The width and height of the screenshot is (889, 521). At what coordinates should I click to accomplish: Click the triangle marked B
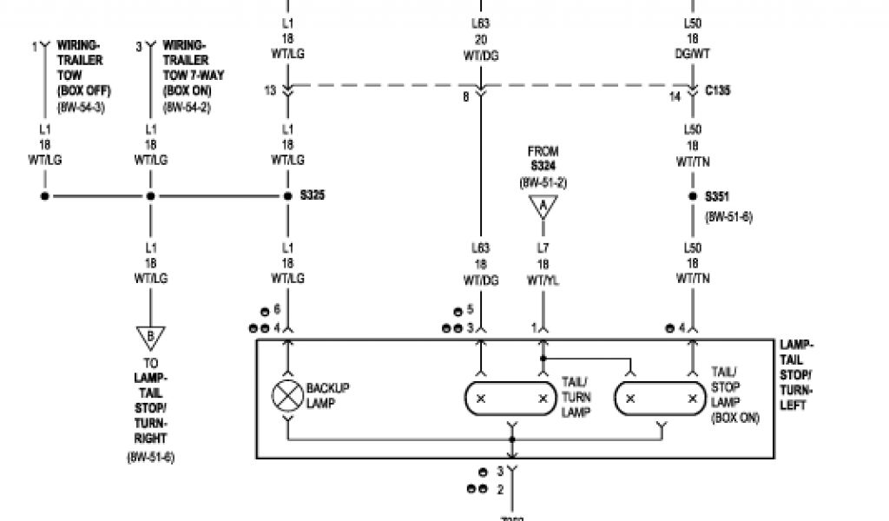[x=151, y=335]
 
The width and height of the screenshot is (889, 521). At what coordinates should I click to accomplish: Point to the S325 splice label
[x=313, y=196]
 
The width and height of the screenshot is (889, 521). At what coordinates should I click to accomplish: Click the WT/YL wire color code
[x=543, y=279]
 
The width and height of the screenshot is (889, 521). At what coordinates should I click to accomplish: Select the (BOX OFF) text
[x=84, y=91]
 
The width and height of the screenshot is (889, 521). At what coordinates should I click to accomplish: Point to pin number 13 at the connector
[x=271, y=90]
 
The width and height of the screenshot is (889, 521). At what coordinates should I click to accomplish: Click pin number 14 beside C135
[x=675, y=96]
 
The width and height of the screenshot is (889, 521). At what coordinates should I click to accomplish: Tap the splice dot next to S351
[x=693, y=196]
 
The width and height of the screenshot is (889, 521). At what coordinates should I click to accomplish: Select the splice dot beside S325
[x=287, y=196]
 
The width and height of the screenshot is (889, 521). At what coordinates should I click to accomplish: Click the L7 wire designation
[x=543, y=248]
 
